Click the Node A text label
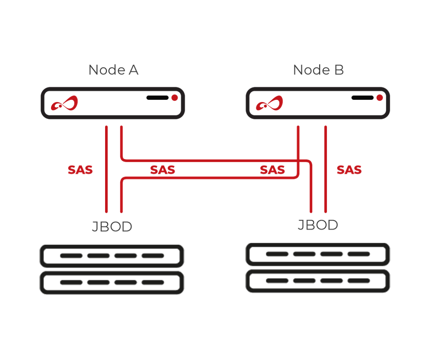coord(113,70)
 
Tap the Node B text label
coord(318,70)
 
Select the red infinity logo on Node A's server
coord(65,104)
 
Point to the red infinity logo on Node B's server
coord(269,104)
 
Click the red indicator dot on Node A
coord(175,98)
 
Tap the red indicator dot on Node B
coord(380,98)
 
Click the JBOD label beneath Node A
coord(112,227)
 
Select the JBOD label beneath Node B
coord(317,225)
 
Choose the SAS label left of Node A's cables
coord(80,170)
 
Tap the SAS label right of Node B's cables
coord(349,170)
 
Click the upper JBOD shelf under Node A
coord(112,256)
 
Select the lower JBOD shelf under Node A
coord(112,283)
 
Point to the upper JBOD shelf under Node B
coord(317,254)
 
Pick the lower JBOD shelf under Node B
coord(317,281)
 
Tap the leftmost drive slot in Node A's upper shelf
coord(71,256)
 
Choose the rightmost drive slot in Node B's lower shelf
coord(359,281)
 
